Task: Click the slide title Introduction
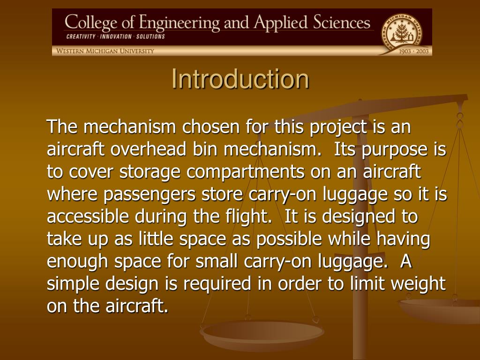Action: [x=240, y=79]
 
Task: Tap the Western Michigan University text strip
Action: [x=105, y=51]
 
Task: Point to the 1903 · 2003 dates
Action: [x=414, y=51]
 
